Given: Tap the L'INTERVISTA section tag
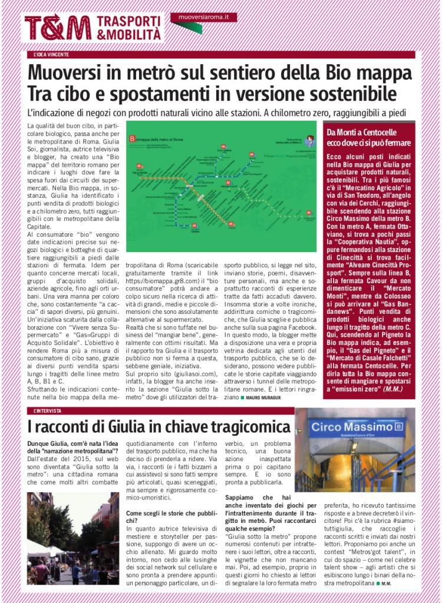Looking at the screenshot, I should [48, 410].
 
